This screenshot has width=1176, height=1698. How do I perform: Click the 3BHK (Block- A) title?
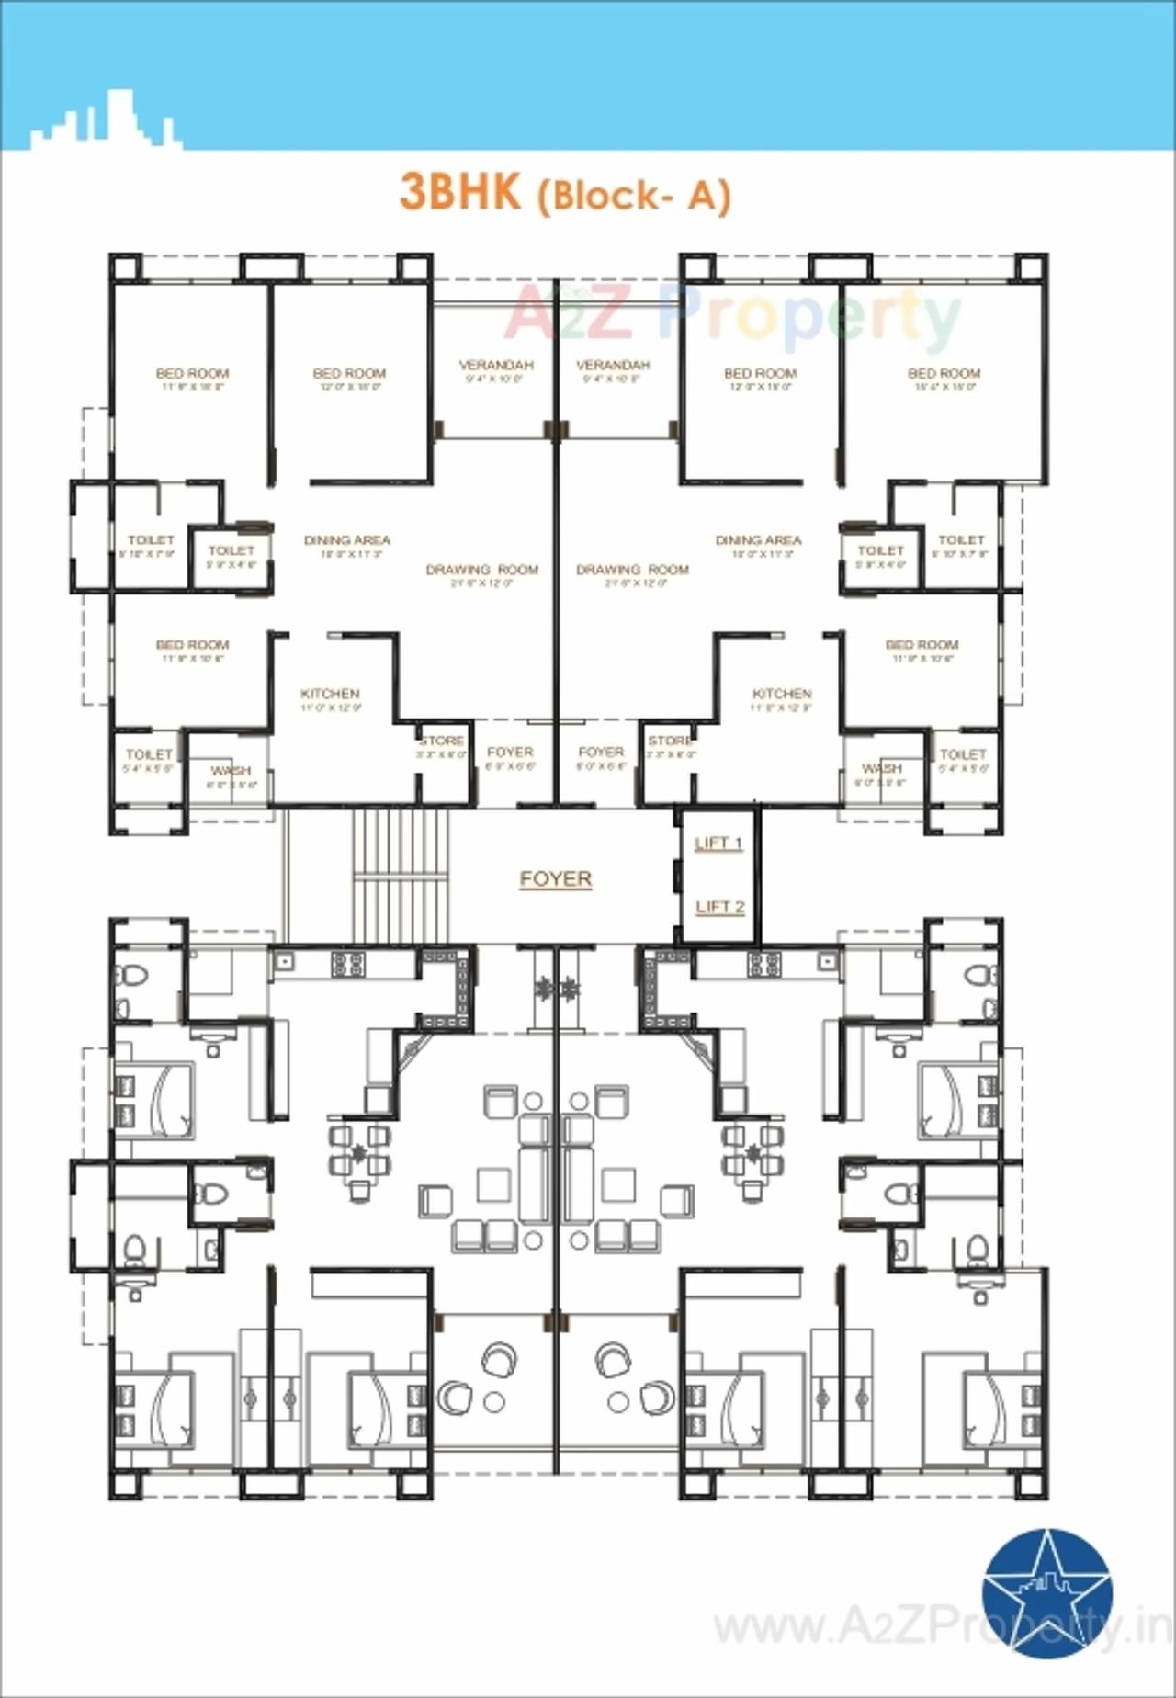point(564,193)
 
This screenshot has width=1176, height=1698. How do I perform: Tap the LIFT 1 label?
point(718,843)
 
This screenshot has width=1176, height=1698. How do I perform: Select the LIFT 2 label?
point(719,907)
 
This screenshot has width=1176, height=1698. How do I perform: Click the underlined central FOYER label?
point(556,879)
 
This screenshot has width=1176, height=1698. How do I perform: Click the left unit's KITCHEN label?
point(330,694)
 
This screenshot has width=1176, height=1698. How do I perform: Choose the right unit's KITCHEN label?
point(781,694)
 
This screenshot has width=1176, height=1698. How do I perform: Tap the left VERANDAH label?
point(495,366)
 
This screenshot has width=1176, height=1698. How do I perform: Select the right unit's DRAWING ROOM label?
point(632,570)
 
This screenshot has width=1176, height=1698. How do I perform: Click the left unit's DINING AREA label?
point(346,540)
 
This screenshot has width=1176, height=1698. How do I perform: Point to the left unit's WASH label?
point(230,770)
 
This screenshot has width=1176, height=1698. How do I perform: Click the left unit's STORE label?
point(442,741)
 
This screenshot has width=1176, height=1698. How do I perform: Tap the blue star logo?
point(1046,1594)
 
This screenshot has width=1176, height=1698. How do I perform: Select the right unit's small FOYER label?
point(601,752)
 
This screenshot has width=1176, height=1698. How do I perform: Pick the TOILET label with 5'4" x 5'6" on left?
point(149,754)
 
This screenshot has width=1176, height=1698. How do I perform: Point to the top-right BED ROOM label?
point(944,374)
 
